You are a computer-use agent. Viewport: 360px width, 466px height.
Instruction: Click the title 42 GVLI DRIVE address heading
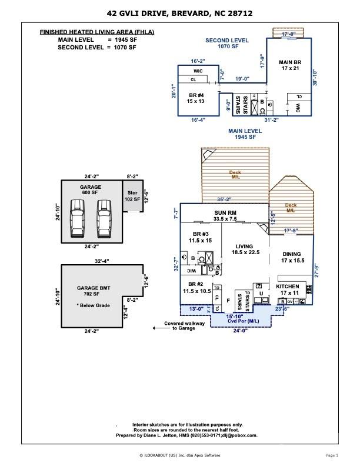pos(180,12)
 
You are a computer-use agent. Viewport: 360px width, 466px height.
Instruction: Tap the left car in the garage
pos(77,218)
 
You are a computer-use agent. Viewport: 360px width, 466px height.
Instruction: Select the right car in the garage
pos(104,218)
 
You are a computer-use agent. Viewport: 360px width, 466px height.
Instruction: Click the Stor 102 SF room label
pos(132,196)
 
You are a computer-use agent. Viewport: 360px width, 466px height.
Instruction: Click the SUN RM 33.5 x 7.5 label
pos(224,215)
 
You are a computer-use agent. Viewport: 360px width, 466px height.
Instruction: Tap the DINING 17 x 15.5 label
pos(292,257)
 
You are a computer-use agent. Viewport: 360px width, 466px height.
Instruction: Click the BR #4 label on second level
pos(196,98)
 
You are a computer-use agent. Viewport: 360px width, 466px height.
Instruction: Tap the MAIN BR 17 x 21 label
pos(291,65)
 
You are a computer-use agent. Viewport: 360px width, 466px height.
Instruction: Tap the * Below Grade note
pos(94,306)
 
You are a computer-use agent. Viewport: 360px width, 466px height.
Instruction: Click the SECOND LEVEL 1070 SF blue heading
pos(226,43)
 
